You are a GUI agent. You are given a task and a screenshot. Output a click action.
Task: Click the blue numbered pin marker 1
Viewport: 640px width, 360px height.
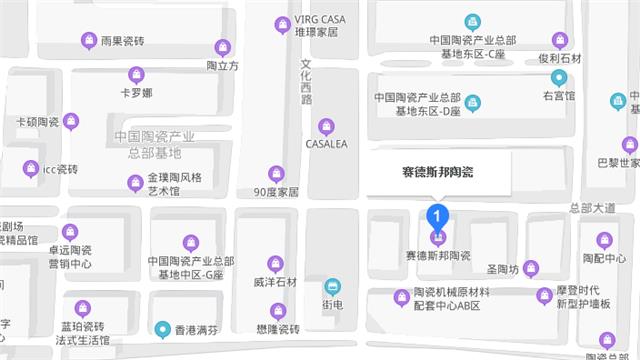click(x=437, y=214)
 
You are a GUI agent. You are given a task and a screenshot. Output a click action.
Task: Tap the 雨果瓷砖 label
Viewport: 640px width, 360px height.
click(x=122, y=41)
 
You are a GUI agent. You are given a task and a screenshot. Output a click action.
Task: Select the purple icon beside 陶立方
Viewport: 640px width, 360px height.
click(x=223, y=46)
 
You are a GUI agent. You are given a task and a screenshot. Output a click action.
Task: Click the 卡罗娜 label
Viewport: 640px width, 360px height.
click(x=136, y=93)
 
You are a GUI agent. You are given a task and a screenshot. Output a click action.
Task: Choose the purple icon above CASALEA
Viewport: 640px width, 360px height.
click(x=325, y=126)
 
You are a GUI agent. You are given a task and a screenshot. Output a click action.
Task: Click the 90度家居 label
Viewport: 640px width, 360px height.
click(x=276, y=191)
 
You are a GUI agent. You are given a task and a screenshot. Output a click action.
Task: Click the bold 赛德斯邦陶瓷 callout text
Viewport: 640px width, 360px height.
click(x=432, y=172)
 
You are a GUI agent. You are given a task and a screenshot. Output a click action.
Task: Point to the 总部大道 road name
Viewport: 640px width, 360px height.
click(x=590, y=208)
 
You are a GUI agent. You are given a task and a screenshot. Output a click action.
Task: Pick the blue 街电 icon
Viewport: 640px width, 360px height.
click(x=333, y=286)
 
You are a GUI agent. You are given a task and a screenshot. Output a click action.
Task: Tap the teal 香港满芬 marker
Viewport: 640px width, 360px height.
click(x=163, y=327)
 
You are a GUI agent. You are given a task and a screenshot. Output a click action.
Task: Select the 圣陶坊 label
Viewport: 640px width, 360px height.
click(x=502, y=269)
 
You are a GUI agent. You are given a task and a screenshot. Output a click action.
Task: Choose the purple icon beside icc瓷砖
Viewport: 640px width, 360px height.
click(x=32, y=168)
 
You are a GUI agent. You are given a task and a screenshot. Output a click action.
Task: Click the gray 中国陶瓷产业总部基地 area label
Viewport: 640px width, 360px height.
click(x=154, y=145)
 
